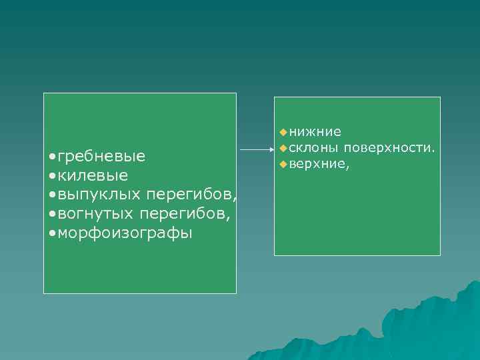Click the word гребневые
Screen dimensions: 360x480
pos(102,157)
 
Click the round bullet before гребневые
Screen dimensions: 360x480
pos(53,157)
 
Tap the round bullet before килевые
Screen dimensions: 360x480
pos(53,176)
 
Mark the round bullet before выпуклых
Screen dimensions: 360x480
pos(53,195)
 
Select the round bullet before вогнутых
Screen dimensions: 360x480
pos(53,214)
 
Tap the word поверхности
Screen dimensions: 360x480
pos(390,147)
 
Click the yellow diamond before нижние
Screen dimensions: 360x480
pos(283,132)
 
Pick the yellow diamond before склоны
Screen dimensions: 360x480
pos(283,147)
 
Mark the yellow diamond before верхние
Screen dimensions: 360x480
pos(283,163)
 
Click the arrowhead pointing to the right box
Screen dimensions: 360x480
pos(270,150)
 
